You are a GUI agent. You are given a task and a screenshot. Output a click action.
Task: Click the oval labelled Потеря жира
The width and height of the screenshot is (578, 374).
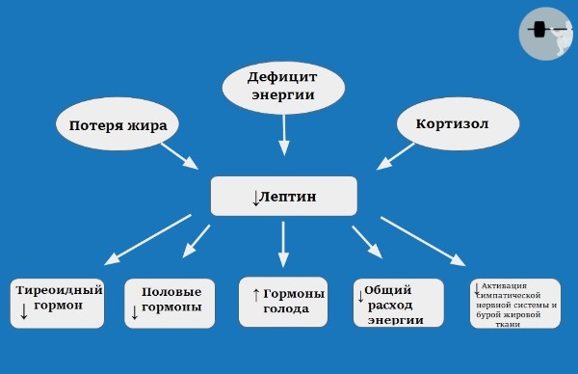coord(118,125)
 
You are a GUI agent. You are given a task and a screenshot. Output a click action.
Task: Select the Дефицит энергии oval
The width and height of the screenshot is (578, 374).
coord(282,87)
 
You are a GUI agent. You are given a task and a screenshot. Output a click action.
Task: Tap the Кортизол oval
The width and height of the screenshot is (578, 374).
coord(451,125)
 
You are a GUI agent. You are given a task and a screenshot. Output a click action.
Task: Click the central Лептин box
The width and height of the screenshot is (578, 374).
coord(284,197)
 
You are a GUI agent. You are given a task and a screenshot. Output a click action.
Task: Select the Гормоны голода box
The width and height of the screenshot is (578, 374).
coord(283,303)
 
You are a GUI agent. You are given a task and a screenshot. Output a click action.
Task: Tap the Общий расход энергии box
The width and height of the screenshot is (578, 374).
coord(398,305)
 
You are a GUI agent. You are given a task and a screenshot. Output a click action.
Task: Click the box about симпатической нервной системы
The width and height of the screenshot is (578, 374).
coord(515,305)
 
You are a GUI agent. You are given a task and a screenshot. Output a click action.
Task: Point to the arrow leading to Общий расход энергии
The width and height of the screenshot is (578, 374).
coord(366,241)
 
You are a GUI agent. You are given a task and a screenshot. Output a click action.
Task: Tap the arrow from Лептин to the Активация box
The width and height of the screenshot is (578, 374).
coord(423,241)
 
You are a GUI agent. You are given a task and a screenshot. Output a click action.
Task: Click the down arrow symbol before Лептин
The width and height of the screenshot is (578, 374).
coord(256,198)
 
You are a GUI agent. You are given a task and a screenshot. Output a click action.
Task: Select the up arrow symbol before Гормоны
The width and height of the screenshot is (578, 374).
coord(255,294)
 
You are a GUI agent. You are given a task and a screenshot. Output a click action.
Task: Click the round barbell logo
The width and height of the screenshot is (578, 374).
coord(546,33)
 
